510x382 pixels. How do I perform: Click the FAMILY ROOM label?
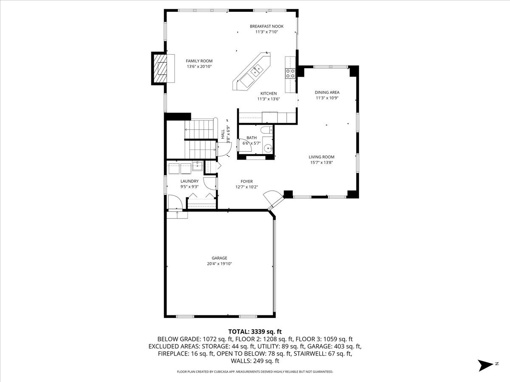[x=199, y=61]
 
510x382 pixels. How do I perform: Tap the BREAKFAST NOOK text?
[x=266, y=26]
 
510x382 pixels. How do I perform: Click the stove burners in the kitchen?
[x=290, y=73]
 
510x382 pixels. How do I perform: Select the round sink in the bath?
[x=267, y=149]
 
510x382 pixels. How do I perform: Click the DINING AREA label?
[x=327, y=92]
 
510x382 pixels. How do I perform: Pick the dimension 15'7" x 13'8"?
[x=321, y=163]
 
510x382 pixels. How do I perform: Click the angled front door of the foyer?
[x=272, y=199]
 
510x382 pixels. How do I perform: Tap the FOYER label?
[x=246, y=181]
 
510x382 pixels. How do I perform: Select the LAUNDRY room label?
[x=190, y=181]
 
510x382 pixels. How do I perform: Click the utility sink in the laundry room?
[x=197, y=166]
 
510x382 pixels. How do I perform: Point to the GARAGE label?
[x=220, y=258]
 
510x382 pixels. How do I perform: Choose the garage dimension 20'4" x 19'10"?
[x=220, y=264]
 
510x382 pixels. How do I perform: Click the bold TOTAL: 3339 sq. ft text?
[x=255, y=331]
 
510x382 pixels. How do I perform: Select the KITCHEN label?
[x=269, y=93]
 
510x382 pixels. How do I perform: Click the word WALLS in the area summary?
[x=241, y=361]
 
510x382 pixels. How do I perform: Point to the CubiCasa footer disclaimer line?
[x=255, y=372]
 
